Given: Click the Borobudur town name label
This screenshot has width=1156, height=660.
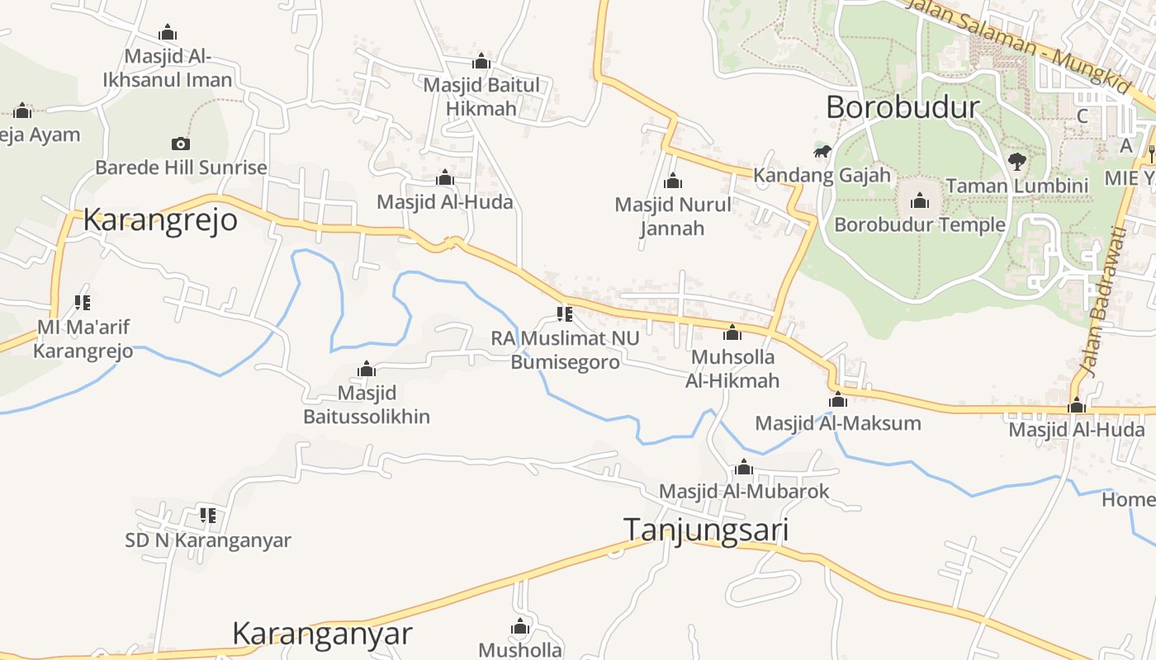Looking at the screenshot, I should [x=903, y=107].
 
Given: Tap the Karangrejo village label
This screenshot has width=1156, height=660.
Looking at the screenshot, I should [x=160, y=220].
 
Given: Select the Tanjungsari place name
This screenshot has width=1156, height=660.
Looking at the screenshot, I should [x=706, y=530].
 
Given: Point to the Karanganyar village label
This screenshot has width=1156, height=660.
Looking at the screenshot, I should [x=322, y=634].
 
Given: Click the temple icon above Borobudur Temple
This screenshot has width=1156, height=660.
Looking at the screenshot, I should [x=920, y=200].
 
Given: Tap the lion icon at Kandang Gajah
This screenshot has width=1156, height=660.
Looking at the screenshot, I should [x=822, y=151].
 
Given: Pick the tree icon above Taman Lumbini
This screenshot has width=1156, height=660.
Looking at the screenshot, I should [x=1017, y=161].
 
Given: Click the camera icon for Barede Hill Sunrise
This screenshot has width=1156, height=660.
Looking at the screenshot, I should [x=181, y=144].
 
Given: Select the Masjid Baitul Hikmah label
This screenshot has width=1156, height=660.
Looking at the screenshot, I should [x=481, y=97].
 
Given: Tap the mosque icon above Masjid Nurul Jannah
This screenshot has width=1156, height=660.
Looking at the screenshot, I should [x=673, y=181].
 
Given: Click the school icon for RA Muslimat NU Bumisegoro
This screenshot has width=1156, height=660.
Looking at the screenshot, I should [x=565, y=313].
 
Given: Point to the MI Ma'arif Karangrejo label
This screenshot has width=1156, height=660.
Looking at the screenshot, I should [x=83, y=339].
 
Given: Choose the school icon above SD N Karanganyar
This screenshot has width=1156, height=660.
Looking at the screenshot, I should [x=208, y=516].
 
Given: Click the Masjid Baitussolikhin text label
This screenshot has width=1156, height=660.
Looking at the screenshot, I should [x=367, y=404].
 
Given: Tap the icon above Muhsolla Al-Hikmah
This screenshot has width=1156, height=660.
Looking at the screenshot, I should [x=732, y=332].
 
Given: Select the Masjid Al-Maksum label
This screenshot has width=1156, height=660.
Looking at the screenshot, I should [x=838, y=423].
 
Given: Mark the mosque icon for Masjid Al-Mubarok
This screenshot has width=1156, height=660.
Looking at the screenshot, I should [x=744, y=468].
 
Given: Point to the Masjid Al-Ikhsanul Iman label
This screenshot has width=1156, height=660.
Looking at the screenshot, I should [x=168, y=68].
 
